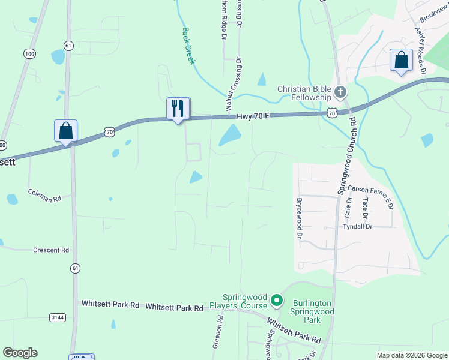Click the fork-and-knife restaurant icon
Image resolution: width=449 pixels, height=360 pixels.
pyautogui.click(x=178, y=109)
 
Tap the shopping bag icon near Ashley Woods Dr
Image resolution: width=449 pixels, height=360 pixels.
pyautogui.click(x=401, y=61)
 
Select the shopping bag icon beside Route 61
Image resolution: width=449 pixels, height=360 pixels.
pyautogui.click(x=65, y=131)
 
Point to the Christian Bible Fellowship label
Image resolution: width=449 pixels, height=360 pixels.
pyautogui.click(x=304, y=93)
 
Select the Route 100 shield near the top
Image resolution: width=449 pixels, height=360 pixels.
pyautogui.click(x=29, y=54)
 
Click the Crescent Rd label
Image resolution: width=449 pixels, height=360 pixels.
pyautogui.click(x=51, y=250)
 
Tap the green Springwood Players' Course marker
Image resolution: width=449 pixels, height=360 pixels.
pyautogui.click(x=276, y=299)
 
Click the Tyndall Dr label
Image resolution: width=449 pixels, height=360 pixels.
pyautogui.click(x=358, y=226)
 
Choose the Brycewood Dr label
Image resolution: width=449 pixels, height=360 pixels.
pyautogui.click(x=298, y=218)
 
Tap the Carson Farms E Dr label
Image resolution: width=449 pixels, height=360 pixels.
pyautogui.click(x=370, y=189)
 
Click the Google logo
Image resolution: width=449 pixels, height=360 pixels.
pyautogui.click(x=20, y=353)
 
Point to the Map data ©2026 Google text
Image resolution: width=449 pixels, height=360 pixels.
pyautogui.click(x=412, y=355)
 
